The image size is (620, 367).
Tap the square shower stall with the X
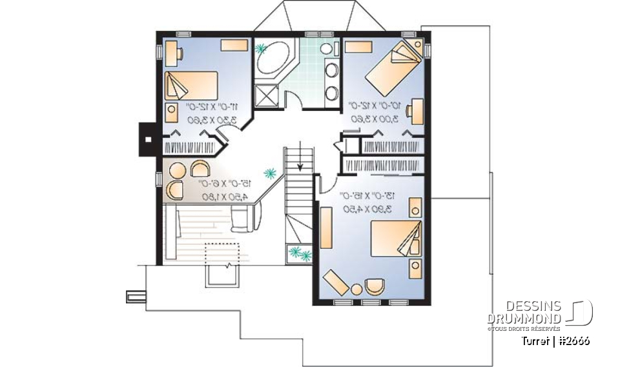click(x=265, y=96)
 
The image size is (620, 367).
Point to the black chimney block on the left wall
click(x=147, y=138)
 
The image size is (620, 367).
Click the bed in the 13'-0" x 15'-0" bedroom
click(x=395, y=241)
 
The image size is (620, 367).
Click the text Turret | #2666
click(x=556, y=341)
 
